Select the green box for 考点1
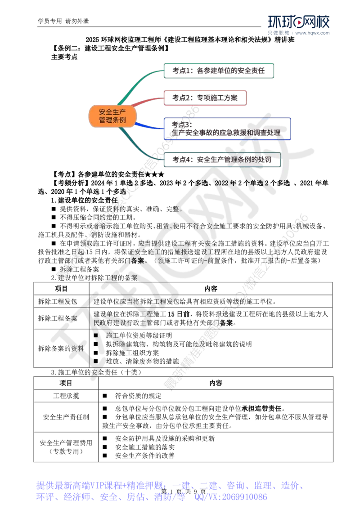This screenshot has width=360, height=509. click(219, 71)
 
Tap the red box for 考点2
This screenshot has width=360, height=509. click(205, 98)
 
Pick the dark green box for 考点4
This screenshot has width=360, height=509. click(222, 160)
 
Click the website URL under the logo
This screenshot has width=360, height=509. click(313, 33)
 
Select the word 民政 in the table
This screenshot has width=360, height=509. click(98, 323)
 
